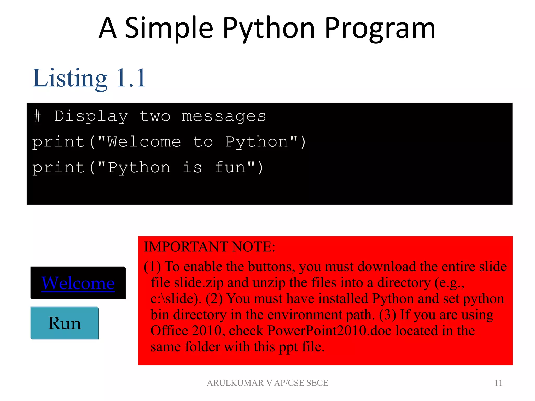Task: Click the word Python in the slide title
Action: pos(269,28)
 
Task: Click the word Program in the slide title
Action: pos(380,28)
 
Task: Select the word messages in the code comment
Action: pos(224,116)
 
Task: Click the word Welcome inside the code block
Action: pos(144,142)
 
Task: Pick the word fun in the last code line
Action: pos(230,167)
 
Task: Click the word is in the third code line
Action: pos(192,167)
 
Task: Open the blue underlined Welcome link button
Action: pos(78,283)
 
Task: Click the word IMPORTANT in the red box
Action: pos(186,247)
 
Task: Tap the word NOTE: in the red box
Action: pos(253,247)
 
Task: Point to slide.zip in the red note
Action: pos(199,283)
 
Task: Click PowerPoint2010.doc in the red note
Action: pos(329,331)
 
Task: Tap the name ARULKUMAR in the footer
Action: pos(235,383)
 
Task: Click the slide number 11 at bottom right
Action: pos(498,383)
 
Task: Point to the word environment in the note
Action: pos(305,315)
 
